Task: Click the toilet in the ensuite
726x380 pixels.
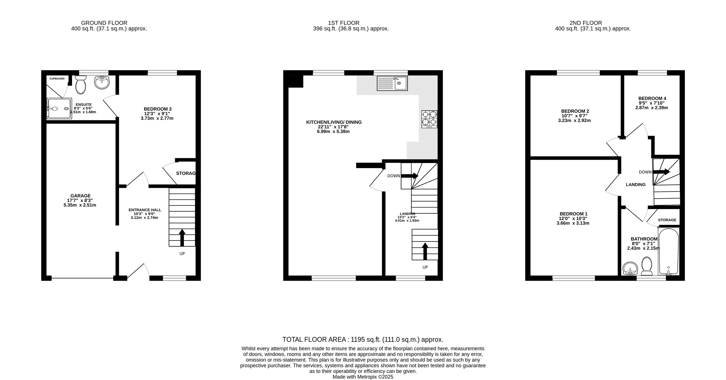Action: (x=81, y=84)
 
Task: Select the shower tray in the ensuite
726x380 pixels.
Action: (x=59, y=108)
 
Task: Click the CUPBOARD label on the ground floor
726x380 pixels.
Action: (x=57, y=79)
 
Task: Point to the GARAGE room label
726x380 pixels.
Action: (x=81, y=196)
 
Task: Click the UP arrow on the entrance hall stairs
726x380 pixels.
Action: (x=182, y=237)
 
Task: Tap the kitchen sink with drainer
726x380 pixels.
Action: (x=392, y=83)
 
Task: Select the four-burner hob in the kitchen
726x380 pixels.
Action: (x=429, y=119)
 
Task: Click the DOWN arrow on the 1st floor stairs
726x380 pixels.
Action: (x=409, y=176)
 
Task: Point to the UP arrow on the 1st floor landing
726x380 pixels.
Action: (x=425, y=251)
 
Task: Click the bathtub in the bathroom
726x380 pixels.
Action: (x=669, y=252)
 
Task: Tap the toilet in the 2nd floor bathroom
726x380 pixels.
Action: (x=647, y=266)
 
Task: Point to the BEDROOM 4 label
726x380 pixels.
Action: (x=652, y=99)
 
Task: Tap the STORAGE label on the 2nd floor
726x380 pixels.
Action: (x=667, y=220)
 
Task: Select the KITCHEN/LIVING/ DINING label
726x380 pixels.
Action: (x=334, y=122)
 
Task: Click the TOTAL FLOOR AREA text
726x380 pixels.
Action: (x=314, y=340)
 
